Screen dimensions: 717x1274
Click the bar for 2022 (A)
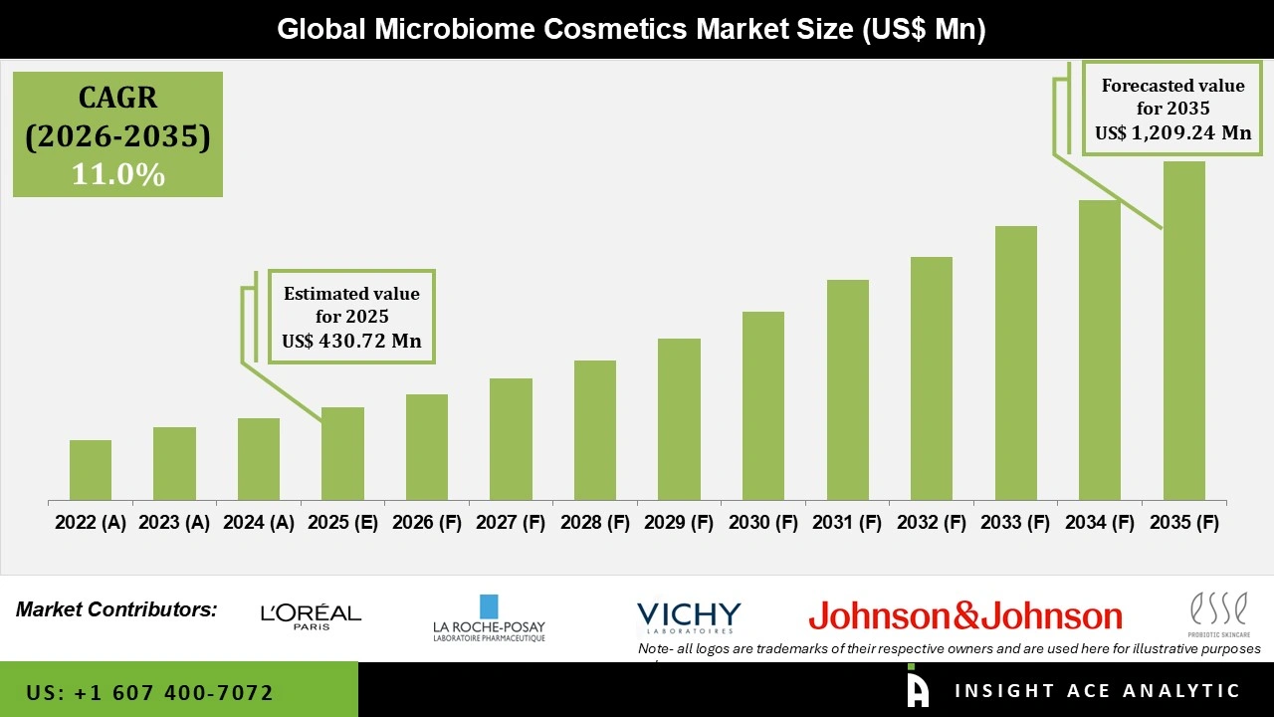pyautogui.click(x=91, y=470)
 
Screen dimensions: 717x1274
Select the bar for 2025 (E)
pyautogui.click(x=342, y=454)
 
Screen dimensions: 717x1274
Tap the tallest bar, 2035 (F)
pyautogui.click(x=1184, y=331)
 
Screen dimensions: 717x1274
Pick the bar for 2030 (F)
pyautogui.click(x=763, y=406)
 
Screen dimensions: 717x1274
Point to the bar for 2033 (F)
pyautogui.click(x=1016, y=363)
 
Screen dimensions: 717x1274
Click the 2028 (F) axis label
pyautogui.click(x=595, y=523)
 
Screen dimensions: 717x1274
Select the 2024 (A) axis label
pyautogui.click(x=259, y=523)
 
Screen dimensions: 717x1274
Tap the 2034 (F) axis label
pyautogui.click(x=1100, y=523)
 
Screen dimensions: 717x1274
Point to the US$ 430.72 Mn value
pyautogui.click(x=351, y=341)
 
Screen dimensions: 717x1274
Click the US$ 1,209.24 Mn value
pyautogui.click(x=1173, y=132)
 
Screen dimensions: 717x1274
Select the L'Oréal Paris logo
pyautogui.click(x=311, y=615)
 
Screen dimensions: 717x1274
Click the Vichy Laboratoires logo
pyautogui.click(x=689, y=616)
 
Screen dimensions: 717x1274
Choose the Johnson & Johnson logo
pyautogui.click(x=965, y=616)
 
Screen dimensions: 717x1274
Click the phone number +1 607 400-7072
pyautogui.click(x=149, y=692)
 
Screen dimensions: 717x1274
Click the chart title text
pyautogui.click(x=631, y=29)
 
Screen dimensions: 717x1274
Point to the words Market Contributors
pyautogui.click(x=116, y=609)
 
